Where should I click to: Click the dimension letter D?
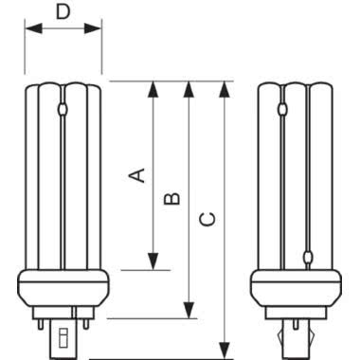pos(63,11)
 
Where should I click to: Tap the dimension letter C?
pos(208,220)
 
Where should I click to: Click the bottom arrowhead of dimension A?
pos(152,262)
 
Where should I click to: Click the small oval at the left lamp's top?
pos(63,110)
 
